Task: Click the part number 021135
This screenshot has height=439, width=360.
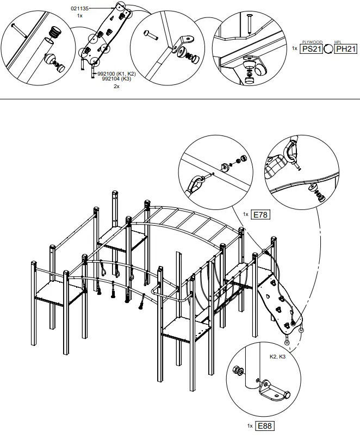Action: click(x=82, y=9)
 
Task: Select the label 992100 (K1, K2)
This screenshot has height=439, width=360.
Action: click(x=116, y=73)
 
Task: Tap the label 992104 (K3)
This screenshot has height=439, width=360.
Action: click(x=116, y=79)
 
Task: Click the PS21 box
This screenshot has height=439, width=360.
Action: click(x=312, y=48)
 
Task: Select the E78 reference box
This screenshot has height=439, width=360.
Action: click(x=261, y=214)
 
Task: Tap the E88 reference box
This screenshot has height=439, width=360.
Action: click(x=265, y=425)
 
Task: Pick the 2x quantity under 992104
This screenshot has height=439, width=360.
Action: click(x=116, y=86)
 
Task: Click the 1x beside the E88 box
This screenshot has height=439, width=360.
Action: click(x=250, y=425)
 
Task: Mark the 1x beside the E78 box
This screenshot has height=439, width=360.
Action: click(x=246, y=214)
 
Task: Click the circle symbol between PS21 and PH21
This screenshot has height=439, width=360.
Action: click(x=328, y=49)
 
